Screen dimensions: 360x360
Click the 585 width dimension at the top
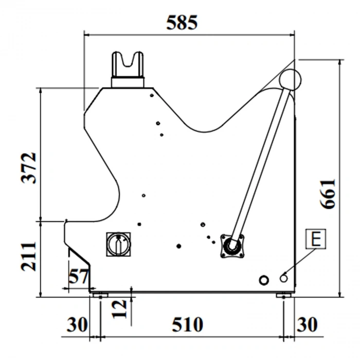point(182,23)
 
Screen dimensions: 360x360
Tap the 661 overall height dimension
point(328,194)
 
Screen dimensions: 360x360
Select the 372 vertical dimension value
point(29,168)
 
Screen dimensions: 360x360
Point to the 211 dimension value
point(29,256)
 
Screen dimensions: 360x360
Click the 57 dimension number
point(79,277)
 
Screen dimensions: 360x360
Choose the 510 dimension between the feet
point(187,325)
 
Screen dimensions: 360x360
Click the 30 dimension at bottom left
point(77,325)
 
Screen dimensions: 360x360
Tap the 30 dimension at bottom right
point(307,325)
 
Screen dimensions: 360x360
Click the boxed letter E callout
point(316,239)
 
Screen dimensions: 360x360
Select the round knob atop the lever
point(290,80)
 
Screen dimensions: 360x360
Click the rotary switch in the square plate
point(119,244)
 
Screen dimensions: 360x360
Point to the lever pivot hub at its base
point(232,246)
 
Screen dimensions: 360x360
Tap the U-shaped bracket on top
point(128,69)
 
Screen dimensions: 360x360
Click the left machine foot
point(100,295)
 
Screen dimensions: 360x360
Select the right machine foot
point(284,295)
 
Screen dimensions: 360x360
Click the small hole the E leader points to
point(284,279)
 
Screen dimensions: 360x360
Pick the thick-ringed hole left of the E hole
point(264,280)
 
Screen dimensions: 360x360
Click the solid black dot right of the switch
point(179,246)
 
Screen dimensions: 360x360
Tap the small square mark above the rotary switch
point(139,224)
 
